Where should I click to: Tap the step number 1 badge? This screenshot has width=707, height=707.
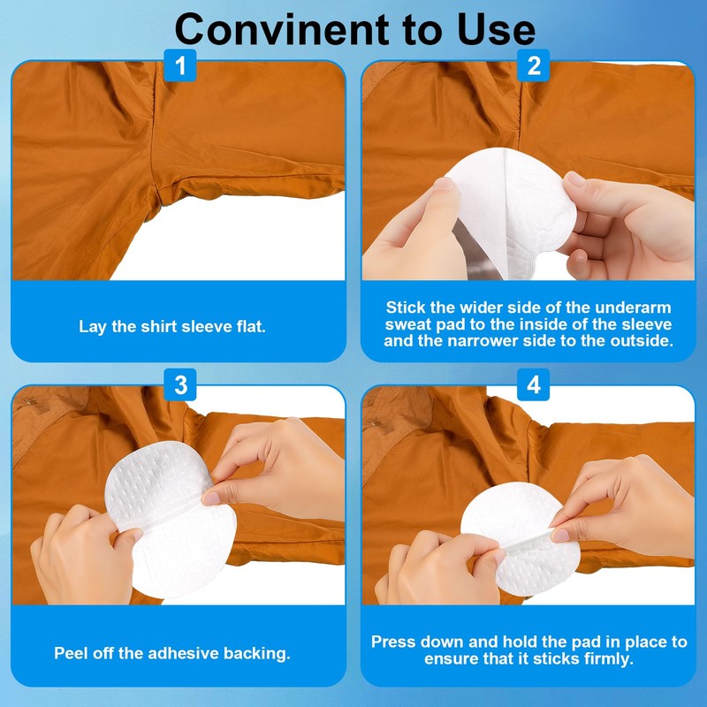pos(181,65)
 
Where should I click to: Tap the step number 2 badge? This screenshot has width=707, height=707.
pos(533,65)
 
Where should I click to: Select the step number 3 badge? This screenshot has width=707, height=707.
pos(181,385)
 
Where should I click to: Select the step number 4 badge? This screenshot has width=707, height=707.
pos(533,385)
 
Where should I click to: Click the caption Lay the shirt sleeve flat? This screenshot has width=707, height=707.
pos(172,326)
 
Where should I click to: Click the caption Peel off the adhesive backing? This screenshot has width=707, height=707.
pos(172,654)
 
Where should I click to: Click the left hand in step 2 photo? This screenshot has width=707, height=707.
pos(415,230)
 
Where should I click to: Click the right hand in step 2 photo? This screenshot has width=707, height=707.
pos(627,225)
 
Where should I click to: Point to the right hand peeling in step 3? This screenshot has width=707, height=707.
pos(270,468)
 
